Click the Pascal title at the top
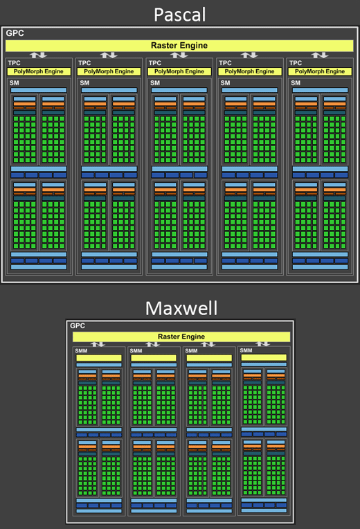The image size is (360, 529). tap(179, 15)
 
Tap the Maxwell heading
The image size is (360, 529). tap(181, 308)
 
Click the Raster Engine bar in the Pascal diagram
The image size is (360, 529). tap(179, 46)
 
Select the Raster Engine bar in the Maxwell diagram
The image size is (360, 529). tap(181, 337)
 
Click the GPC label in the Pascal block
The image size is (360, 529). tap(15, 33)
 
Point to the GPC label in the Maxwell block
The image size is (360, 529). tap(78, 325)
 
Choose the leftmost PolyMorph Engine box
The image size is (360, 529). tap(39, 71)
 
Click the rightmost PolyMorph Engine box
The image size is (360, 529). tap(320, 71)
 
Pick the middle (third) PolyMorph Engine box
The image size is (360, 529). tap(179, 71)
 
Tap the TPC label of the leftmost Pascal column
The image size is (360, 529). tap(14, 63)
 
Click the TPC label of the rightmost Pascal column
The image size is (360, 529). tap(296, 63)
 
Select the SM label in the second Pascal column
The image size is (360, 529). tap(84, 83)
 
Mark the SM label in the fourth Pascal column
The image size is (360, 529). tap(225, 83)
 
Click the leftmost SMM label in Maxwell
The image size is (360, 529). tap(81, 351)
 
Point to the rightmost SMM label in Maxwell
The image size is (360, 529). tap(246, 350)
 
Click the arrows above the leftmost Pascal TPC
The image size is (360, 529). tap(38, 55)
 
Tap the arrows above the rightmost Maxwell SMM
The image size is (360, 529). tap(262, 344)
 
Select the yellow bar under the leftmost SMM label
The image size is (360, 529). tap(99, 358)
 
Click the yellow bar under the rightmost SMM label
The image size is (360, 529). tap(264, 357)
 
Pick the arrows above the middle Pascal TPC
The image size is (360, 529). tap(179, 55)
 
